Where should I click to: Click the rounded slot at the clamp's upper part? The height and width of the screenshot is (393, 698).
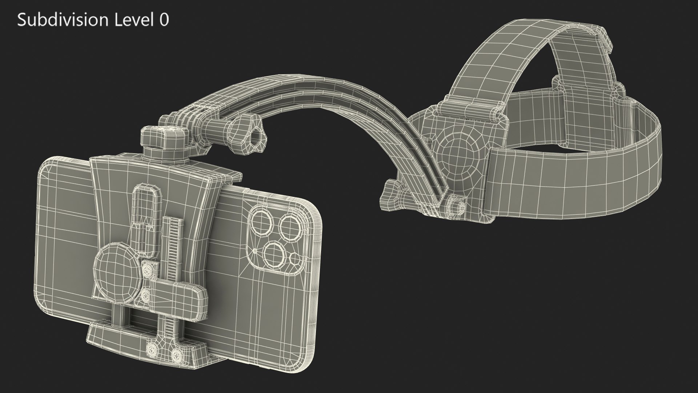point(147,204)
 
